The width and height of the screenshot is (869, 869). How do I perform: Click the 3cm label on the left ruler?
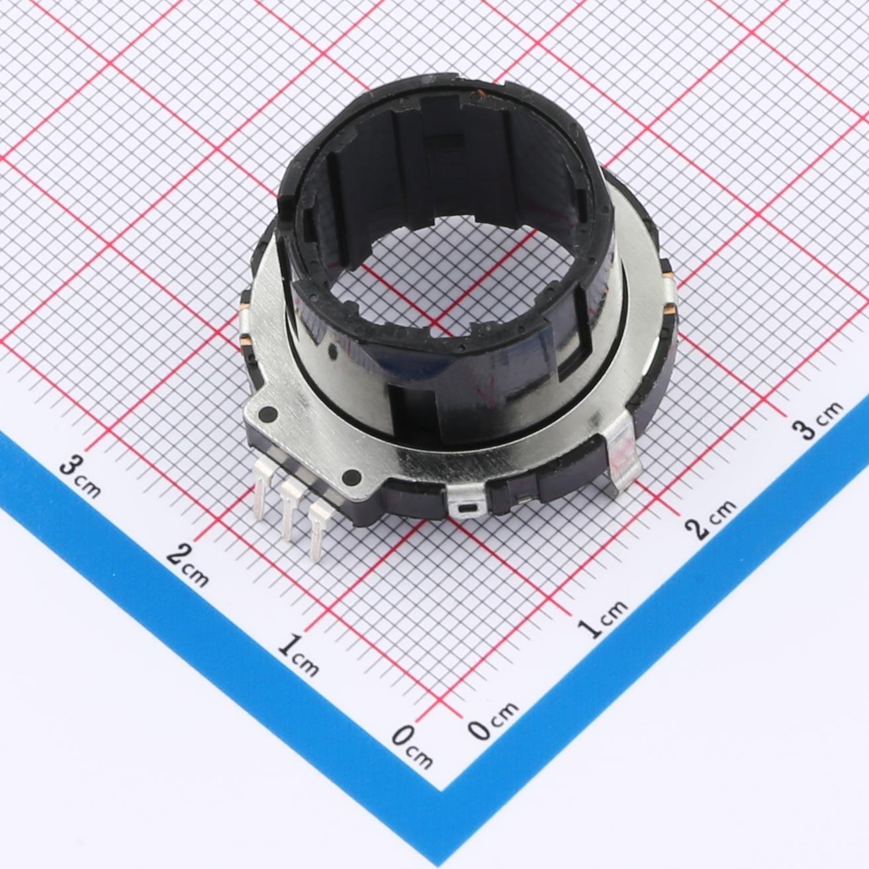[80, 478]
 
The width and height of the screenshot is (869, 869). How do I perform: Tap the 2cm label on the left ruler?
[187, 565]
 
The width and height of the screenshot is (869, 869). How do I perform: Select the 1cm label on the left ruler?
[298, 655]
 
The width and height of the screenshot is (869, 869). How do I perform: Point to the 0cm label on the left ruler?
[412, 747]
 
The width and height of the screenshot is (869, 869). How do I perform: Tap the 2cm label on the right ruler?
[710, 519]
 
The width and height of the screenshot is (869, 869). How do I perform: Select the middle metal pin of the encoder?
[289, 510]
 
